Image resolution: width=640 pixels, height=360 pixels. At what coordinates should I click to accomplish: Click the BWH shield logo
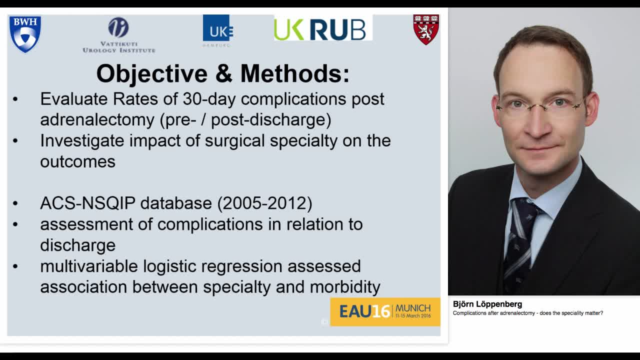(x=25, y=33)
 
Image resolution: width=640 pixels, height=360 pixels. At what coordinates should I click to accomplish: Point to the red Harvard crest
(x=426, y=29)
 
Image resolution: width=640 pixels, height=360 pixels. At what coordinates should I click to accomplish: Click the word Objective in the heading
(x=151, y=73)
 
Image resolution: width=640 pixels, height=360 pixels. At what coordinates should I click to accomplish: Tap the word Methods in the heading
(x=294, y=73)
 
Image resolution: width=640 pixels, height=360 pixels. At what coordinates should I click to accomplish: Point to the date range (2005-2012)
(x=264, y=203)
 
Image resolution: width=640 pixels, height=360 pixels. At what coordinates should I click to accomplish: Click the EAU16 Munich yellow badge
(x=385, y=311)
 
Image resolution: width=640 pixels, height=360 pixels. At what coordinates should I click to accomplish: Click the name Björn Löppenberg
(x=487, y=304)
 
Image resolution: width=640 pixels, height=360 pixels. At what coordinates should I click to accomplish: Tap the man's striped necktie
(x=520, y=240)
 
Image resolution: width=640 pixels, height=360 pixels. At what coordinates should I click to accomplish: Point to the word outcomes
(x=77, y=161)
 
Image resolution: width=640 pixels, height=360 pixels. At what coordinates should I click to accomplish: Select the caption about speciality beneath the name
(x=527, y=313)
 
